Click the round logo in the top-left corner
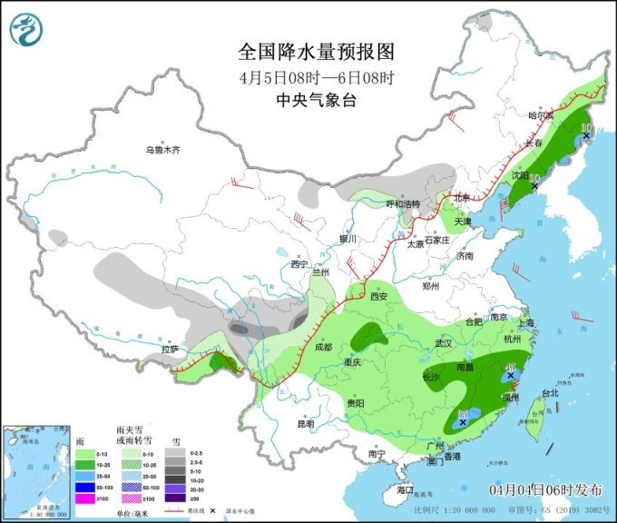27,31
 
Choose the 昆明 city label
305,423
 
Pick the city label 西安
378,296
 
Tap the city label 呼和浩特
405,203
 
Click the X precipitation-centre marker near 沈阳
534,186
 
